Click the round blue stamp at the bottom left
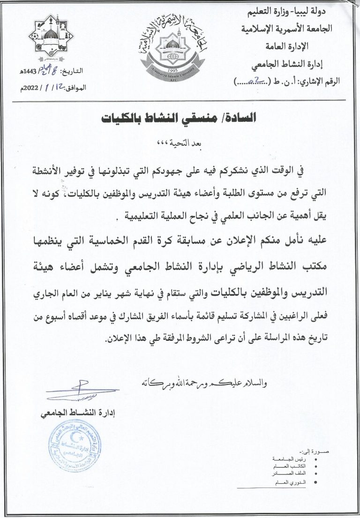(75, 446)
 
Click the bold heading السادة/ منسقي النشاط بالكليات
(180, 118)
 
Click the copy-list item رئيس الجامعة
(291, 460)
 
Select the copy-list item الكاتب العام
(292, 467)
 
